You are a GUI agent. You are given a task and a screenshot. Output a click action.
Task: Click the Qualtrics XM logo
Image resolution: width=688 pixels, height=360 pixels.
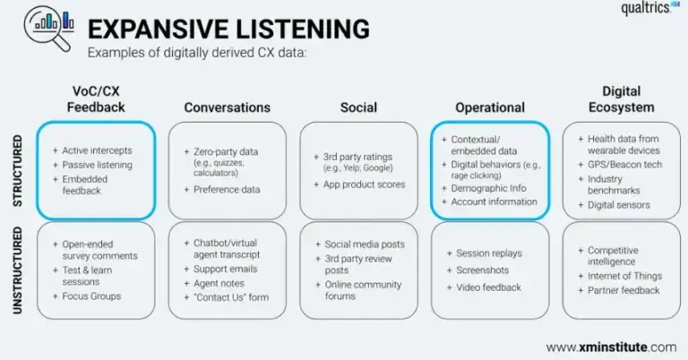(651, 10)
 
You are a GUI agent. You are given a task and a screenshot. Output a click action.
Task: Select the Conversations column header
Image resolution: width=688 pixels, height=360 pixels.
(227, 107)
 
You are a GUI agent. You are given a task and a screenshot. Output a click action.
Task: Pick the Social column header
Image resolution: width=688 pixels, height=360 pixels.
(358, 107)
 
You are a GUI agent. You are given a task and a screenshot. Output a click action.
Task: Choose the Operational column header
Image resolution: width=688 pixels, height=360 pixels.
(489, 107)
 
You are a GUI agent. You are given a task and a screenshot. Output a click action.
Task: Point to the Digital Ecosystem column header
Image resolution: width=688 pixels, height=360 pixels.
(621, 99)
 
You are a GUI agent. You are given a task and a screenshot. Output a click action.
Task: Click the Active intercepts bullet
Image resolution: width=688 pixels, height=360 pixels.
(97, 150)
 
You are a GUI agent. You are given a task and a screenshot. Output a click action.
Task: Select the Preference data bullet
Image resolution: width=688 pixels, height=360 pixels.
(227, 190)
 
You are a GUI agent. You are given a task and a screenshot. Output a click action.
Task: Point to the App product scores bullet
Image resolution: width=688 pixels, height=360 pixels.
(365, 184)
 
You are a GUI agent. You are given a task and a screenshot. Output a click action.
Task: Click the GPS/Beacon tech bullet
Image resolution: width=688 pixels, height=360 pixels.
(623, 166)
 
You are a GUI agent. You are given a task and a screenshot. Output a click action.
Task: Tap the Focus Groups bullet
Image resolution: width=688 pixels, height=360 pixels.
(91, 296)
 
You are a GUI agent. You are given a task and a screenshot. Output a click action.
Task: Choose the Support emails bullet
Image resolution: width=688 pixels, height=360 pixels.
(226, 270)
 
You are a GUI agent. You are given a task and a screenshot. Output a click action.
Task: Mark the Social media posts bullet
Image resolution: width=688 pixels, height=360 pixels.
(365, 244)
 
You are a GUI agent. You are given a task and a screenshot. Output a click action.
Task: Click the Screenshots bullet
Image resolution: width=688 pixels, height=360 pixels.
(484, 270)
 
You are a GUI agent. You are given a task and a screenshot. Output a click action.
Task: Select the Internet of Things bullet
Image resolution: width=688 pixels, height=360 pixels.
(625, 277)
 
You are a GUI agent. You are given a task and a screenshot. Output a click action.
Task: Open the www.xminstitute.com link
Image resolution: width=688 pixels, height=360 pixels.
(611, 347)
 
